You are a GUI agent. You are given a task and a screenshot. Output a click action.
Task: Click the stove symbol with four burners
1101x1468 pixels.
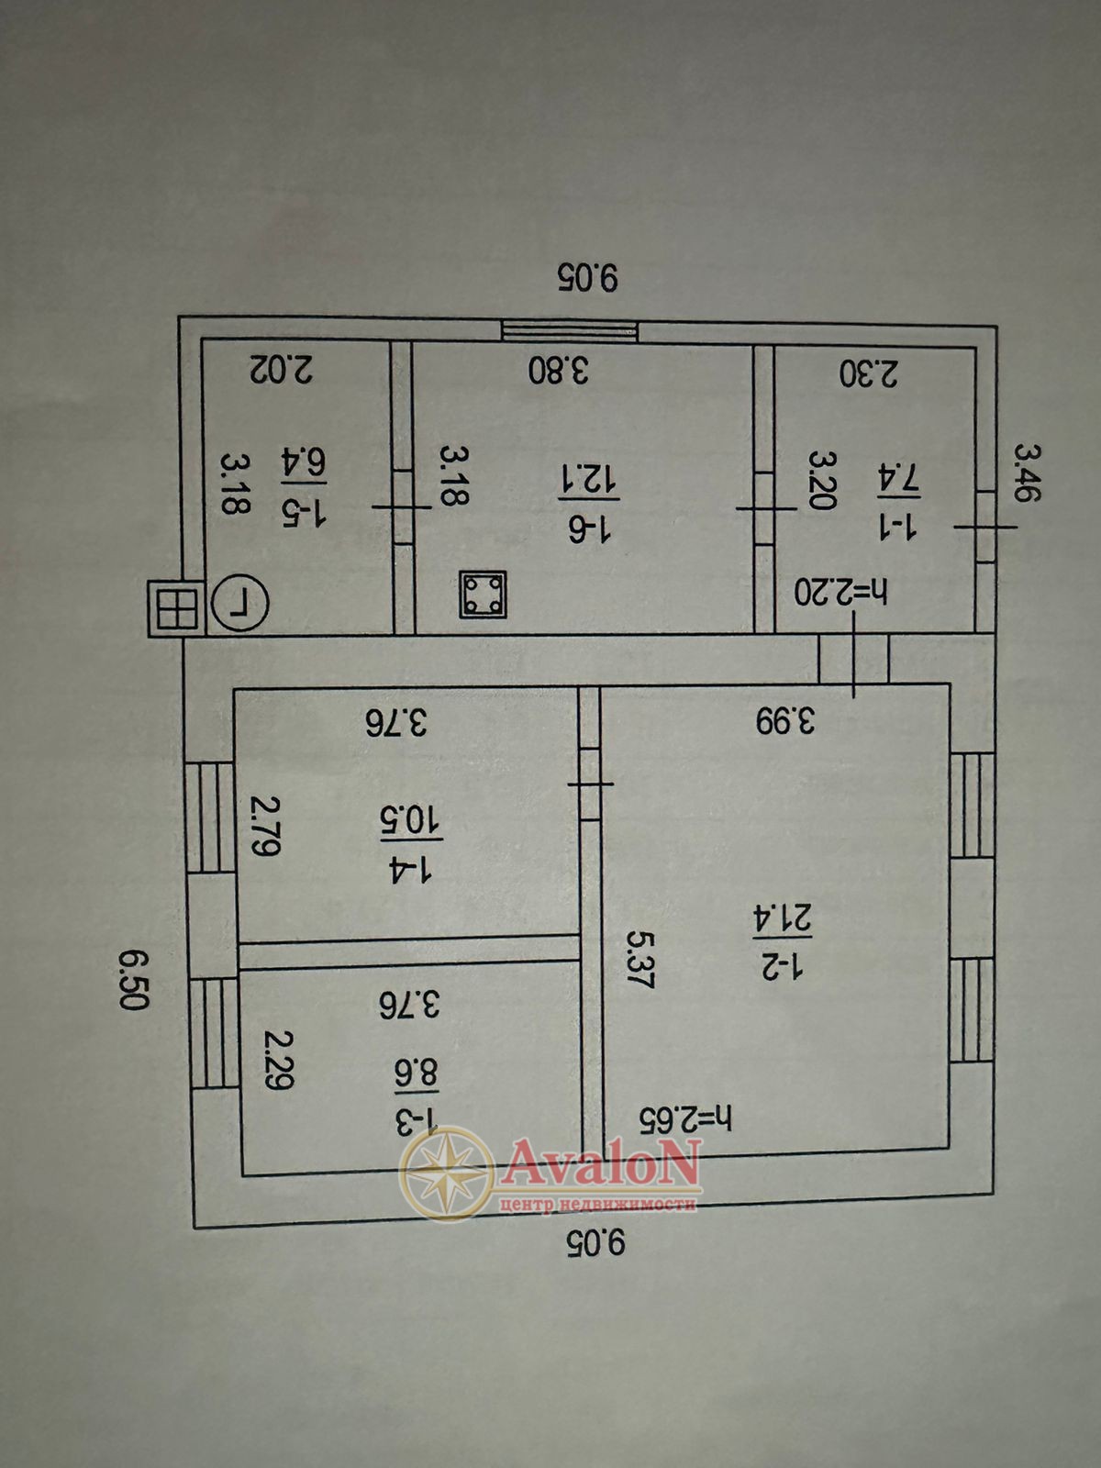coord(483,594)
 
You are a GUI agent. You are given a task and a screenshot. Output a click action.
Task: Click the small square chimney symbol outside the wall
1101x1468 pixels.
coord(176,607)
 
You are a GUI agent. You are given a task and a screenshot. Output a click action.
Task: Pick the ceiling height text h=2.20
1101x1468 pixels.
coord(840,593)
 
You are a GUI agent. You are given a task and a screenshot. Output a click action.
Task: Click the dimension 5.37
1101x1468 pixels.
coord(639,959)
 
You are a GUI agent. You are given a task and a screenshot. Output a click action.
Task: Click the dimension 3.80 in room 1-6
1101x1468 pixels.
coord(559,370)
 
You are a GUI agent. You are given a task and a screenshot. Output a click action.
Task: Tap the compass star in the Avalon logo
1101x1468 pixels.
coord(447,1173)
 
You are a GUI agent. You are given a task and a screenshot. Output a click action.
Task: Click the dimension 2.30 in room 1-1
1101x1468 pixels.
coord(869,373)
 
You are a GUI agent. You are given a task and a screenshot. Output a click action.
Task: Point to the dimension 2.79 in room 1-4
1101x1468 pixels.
coord(264,827)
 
